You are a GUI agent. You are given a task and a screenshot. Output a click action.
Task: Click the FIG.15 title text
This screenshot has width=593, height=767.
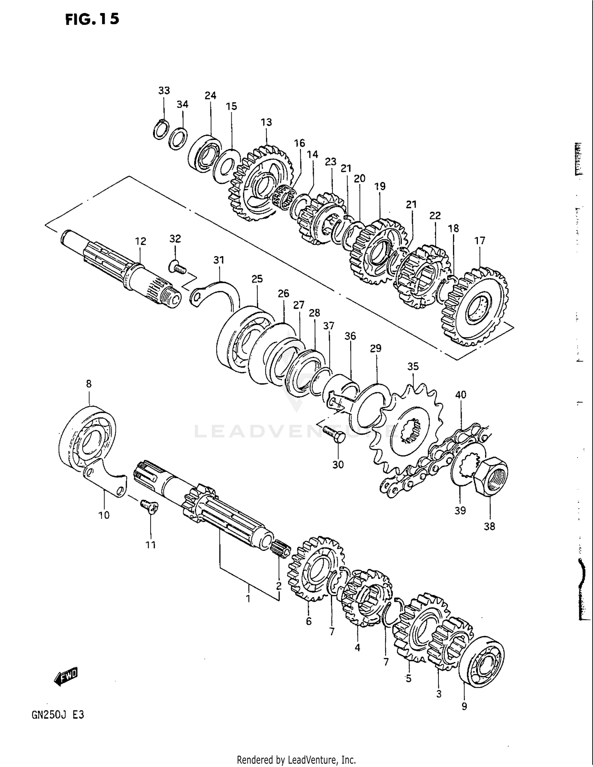92,19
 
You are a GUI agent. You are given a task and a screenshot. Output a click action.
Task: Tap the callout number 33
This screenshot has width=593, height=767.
164,90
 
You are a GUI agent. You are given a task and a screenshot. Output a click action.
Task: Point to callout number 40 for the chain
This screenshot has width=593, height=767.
461,394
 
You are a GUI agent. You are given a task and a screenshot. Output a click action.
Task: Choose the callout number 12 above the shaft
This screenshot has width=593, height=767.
140,241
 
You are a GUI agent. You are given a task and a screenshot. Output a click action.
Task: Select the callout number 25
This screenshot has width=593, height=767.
257,279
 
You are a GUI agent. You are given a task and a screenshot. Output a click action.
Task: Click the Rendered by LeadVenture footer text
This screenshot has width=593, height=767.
296,759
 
